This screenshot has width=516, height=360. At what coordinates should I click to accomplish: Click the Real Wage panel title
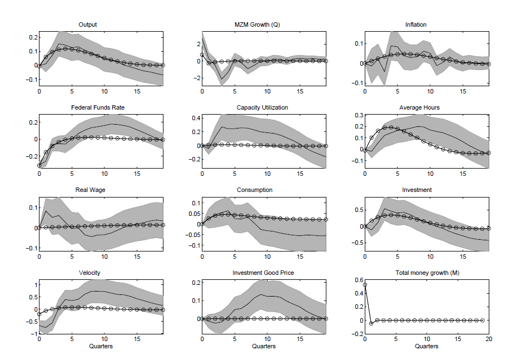pyautogui.click(x=91, y=190)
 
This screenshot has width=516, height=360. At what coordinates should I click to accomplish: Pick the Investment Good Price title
pyautogui.click(x=264, y=273)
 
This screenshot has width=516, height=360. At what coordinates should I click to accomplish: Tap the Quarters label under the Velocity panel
pyautogui.click(x=101, y=346)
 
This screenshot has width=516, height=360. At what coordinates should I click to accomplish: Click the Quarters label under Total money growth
pyautogui.click(x=426, y=346)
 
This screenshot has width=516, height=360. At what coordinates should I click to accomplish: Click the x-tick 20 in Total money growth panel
pyautogui.click(x=489, y=339)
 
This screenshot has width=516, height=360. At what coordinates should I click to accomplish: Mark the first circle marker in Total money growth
pyautogui.click(x=365, y=285)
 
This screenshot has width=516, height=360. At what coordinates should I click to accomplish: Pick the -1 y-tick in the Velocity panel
pyautogui.click(x=32, y=333)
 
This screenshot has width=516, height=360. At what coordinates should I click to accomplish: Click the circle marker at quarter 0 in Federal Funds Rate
pyautogui.click(x=39, y=165)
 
